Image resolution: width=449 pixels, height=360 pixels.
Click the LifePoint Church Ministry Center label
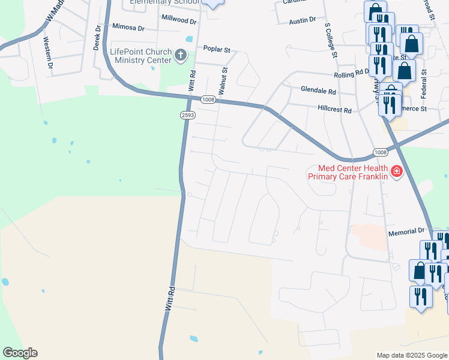point(140,56)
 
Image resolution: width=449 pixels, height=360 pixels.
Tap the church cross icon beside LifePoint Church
point(180,56)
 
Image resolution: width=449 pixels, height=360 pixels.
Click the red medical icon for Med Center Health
point(396,172)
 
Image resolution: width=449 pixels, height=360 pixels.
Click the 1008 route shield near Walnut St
point(208,100)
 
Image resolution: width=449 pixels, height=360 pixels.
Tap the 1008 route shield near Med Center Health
point(380,152)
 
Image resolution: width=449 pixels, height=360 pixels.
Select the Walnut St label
point(223,80)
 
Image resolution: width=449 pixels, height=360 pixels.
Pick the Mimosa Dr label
point(128,28)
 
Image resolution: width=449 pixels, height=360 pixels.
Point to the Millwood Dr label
point(178,20)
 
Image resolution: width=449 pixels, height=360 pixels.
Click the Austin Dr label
point(302,20)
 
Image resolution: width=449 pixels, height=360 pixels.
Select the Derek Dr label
point(95,41)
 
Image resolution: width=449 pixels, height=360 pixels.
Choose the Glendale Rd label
point(318,91)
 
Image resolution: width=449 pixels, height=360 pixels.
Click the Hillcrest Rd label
point(334,110)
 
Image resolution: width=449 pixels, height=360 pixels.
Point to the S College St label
point(331,41)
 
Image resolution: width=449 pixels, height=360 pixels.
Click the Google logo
point(20,353)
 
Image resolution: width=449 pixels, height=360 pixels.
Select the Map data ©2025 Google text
point(411,355)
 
